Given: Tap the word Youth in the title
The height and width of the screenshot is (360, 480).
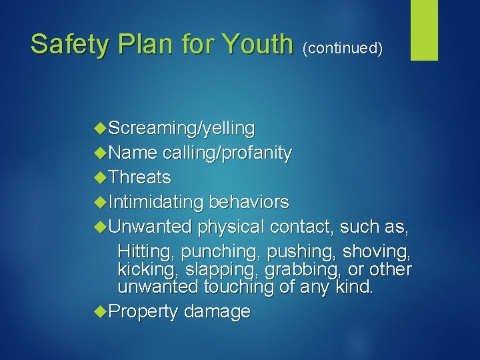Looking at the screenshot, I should point(257,45).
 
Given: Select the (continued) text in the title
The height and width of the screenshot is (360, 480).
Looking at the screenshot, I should point(343,48).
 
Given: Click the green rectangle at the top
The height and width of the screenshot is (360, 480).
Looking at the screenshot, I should point(424,30).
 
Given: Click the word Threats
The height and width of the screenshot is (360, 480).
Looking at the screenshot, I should point(139,177).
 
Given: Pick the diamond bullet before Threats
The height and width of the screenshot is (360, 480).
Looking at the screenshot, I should point(101,177).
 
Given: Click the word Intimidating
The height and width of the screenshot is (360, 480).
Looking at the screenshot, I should point(155,202).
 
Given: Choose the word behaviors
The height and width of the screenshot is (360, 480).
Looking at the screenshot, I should point(249,202).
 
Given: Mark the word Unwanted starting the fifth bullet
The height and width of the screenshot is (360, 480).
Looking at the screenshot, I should point(150,227).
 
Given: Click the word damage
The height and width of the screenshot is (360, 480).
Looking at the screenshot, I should point(217,311).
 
